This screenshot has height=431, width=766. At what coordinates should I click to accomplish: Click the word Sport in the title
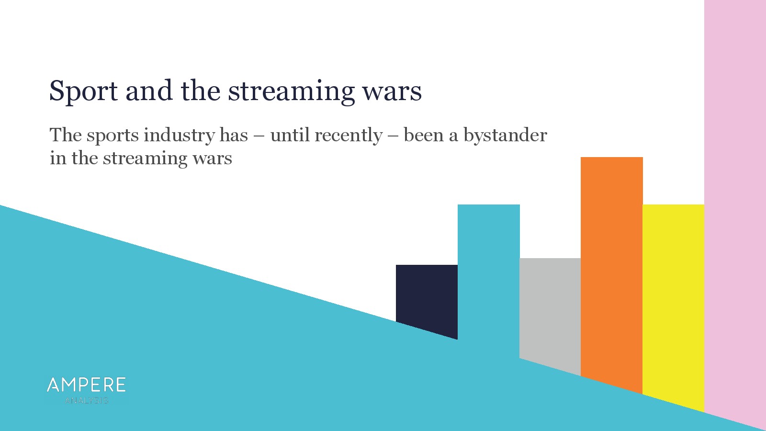pos(84,91)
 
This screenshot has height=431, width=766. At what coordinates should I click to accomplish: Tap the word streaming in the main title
pos(291,91)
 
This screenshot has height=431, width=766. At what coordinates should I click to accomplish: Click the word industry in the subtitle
pos(179,135)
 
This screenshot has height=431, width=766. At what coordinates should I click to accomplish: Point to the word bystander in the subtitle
pos(505,135)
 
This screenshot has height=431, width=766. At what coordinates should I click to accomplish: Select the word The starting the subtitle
pos(66,135)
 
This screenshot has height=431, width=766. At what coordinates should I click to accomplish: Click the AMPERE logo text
pos(86,385)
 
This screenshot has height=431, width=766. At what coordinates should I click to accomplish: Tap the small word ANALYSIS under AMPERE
pos(87,400)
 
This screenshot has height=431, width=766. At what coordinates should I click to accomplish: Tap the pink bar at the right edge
pos(735,205)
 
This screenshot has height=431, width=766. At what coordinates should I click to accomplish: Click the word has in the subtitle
pos(234,135)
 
